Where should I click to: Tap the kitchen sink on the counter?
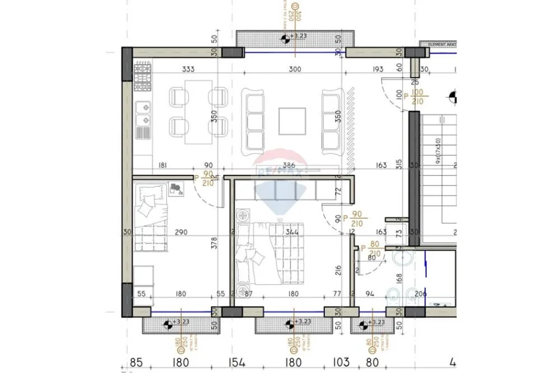[x=143, y=115]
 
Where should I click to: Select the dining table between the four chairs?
[x=198, y=111]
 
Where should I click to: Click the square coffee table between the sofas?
[x=292, y=121]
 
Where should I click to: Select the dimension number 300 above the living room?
[x=295, y=69]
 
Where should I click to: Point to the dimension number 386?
[x=287, y=166]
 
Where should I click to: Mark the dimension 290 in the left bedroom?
[x=180, y=232]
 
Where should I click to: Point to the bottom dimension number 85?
[x=137, y=361]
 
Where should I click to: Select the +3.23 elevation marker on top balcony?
[x=294, y=37]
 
